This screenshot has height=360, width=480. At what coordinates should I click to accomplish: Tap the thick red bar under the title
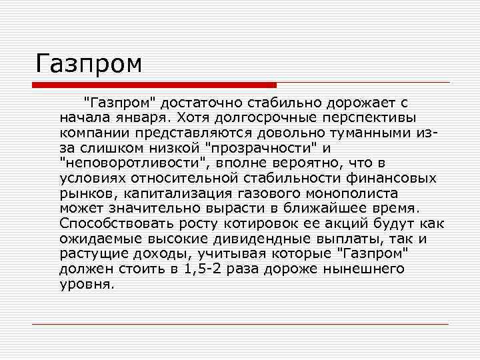[155, 85]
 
